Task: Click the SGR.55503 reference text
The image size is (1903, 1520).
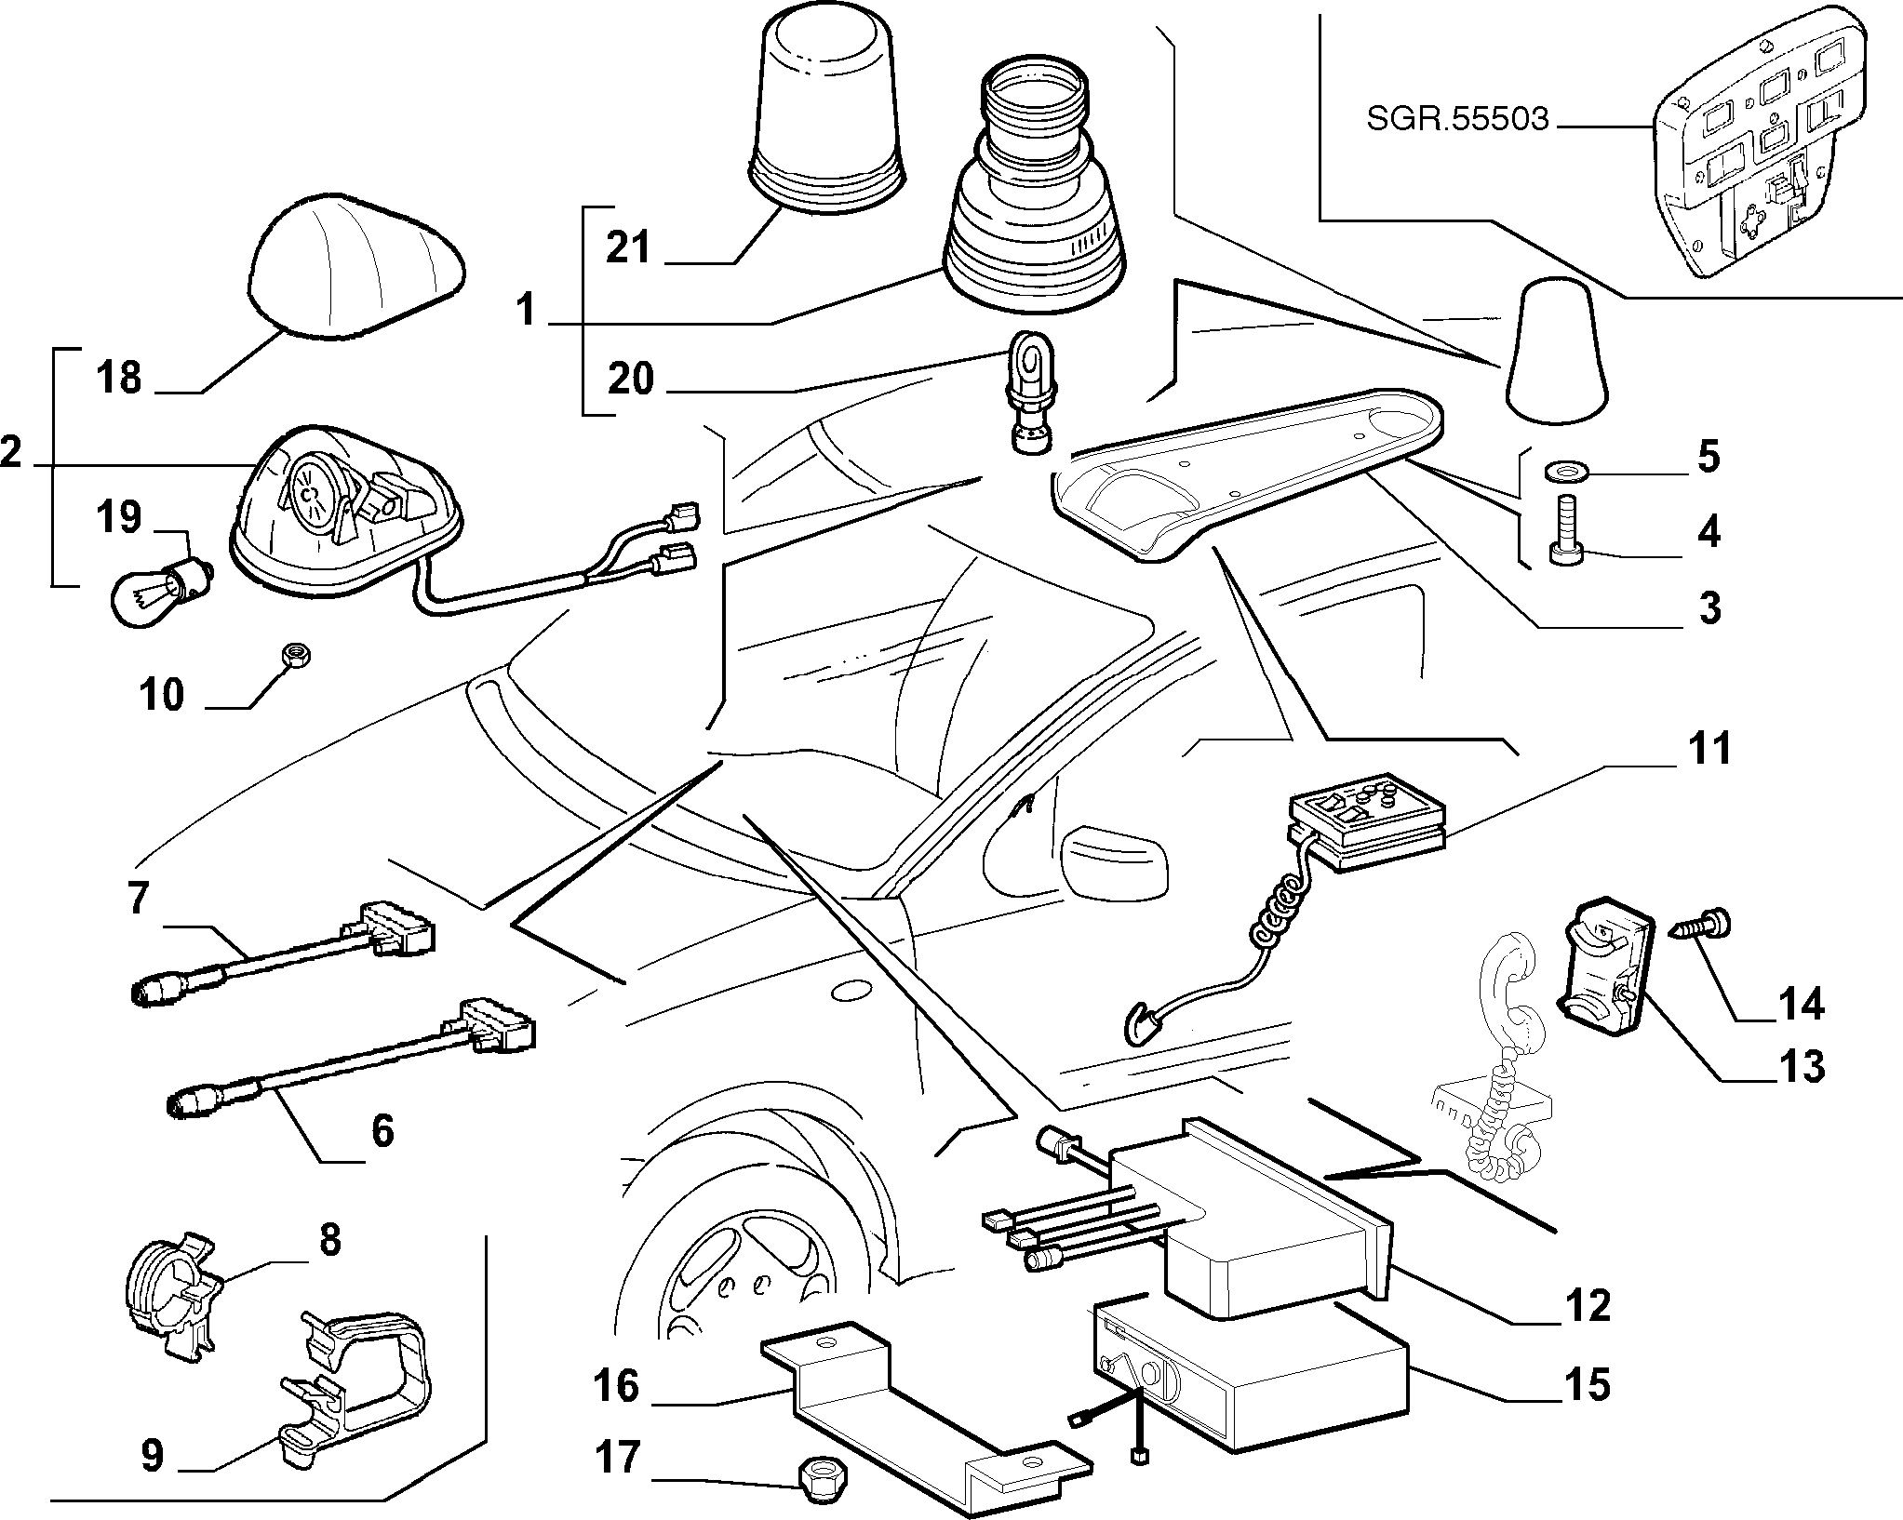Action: click(x=1457, y=120)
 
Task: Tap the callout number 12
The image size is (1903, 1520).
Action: click(x=1585, y=1307)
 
